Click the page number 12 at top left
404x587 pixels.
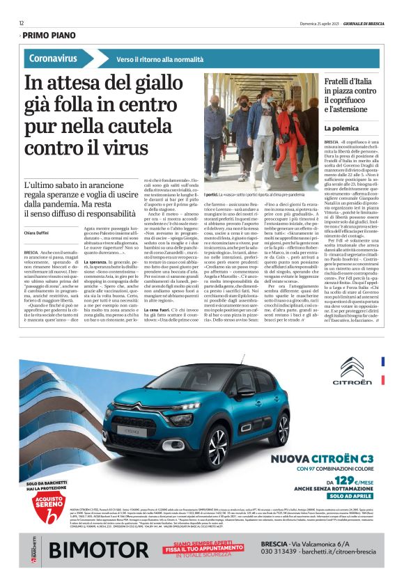coord(22,22)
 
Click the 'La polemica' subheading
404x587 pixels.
coord(340,129)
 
